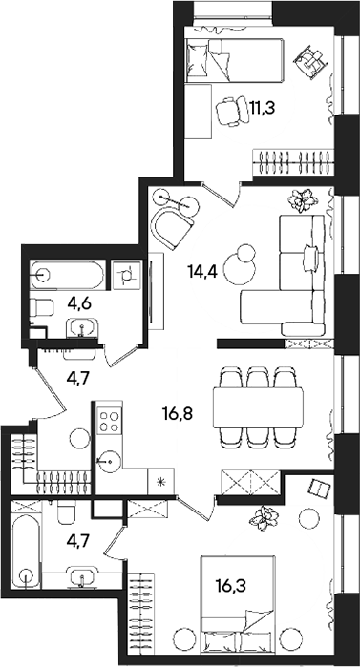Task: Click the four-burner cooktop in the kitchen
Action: (x=106, y=419)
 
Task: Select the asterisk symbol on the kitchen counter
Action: (x=160, y=481)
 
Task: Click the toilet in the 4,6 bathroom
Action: (x=41, y=308)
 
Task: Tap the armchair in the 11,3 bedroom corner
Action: (x=310, y=62)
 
